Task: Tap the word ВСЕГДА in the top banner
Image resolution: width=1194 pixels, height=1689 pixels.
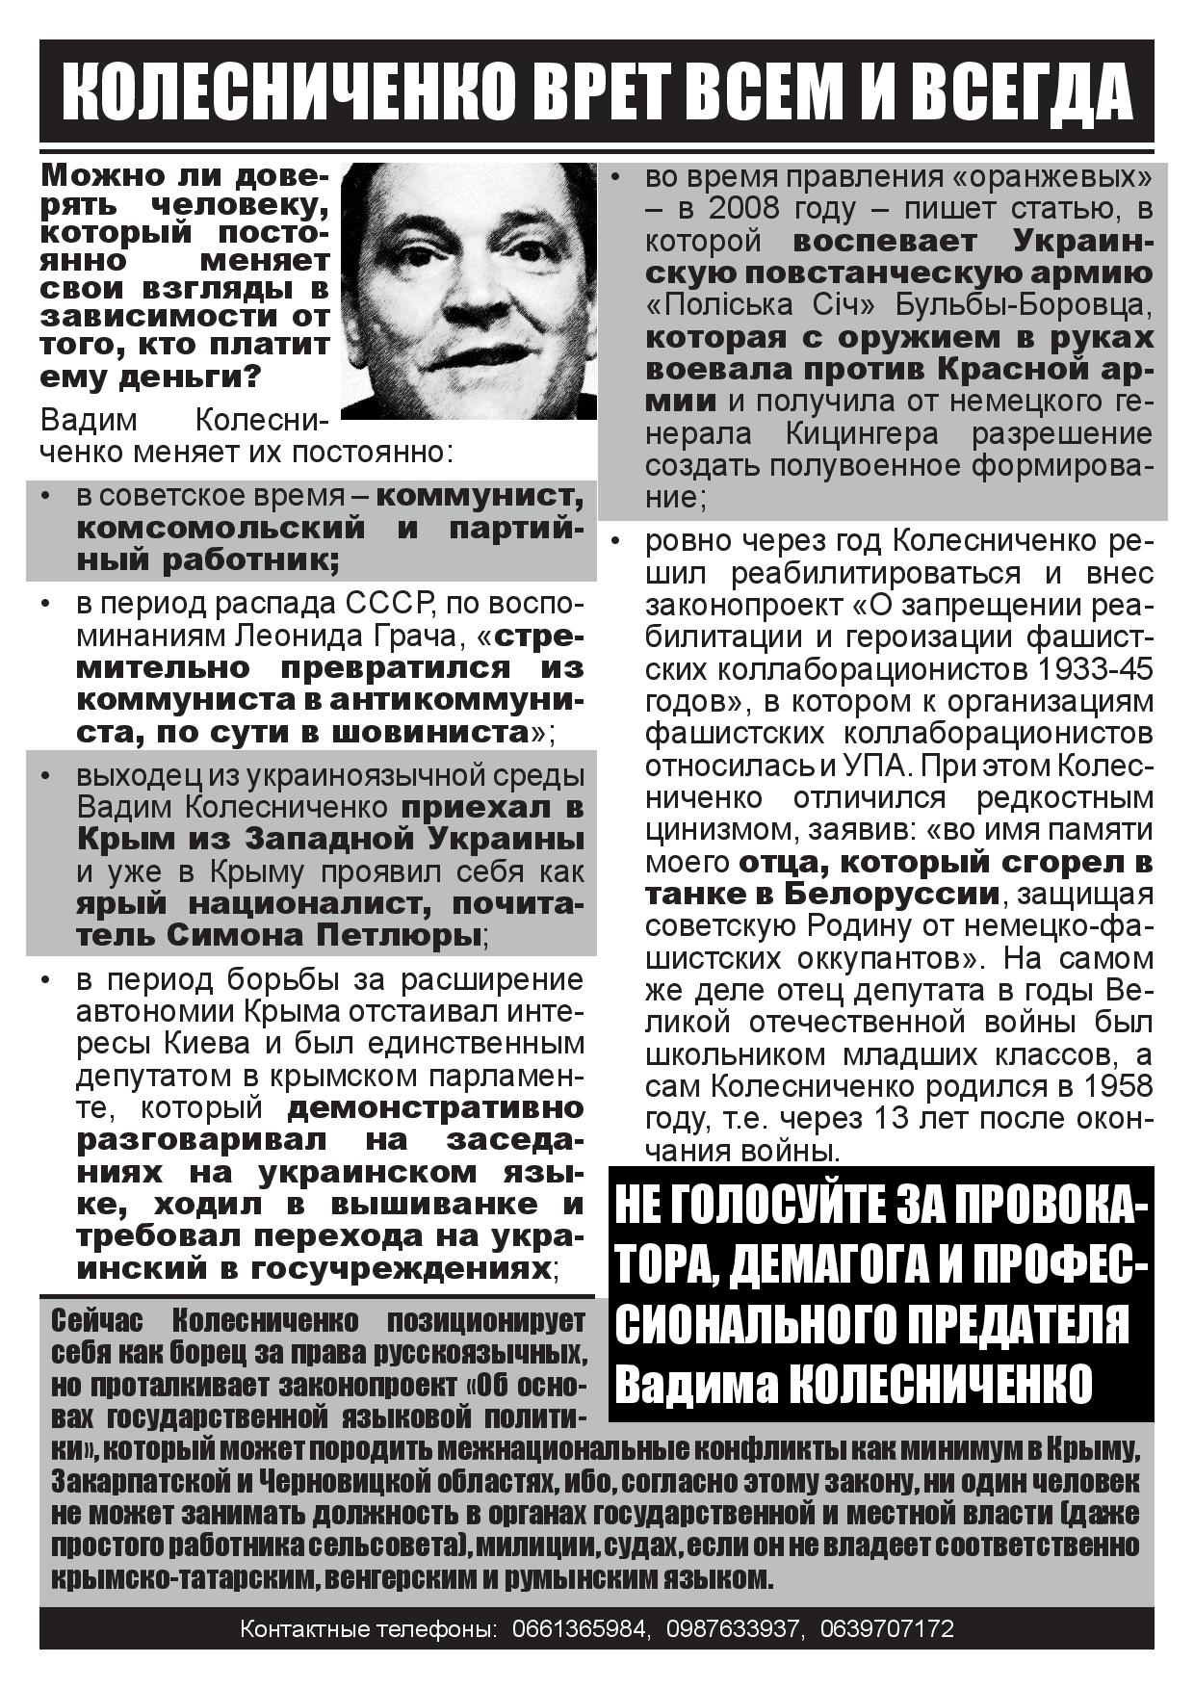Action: [1021, 92]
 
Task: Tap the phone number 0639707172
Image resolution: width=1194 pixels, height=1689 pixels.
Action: [887, 1628]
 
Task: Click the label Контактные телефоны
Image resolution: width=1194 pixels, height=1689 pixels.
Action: [368, 1628]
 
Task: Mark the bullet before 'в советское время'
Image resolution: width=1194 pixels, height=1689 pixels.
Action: [45, 497]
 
